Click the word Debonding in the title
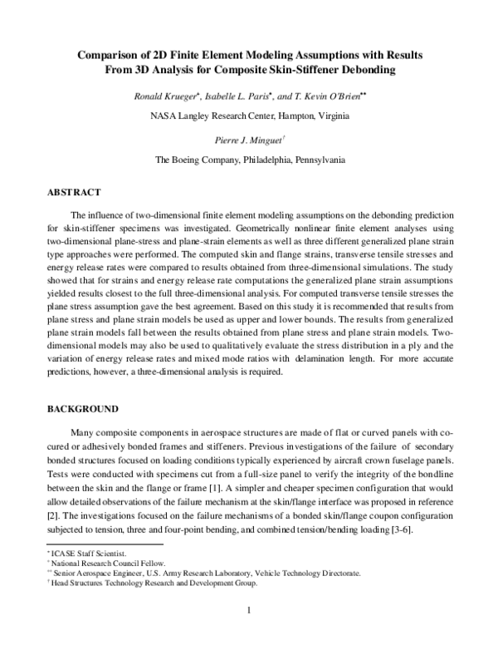[x=364, y=70]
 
